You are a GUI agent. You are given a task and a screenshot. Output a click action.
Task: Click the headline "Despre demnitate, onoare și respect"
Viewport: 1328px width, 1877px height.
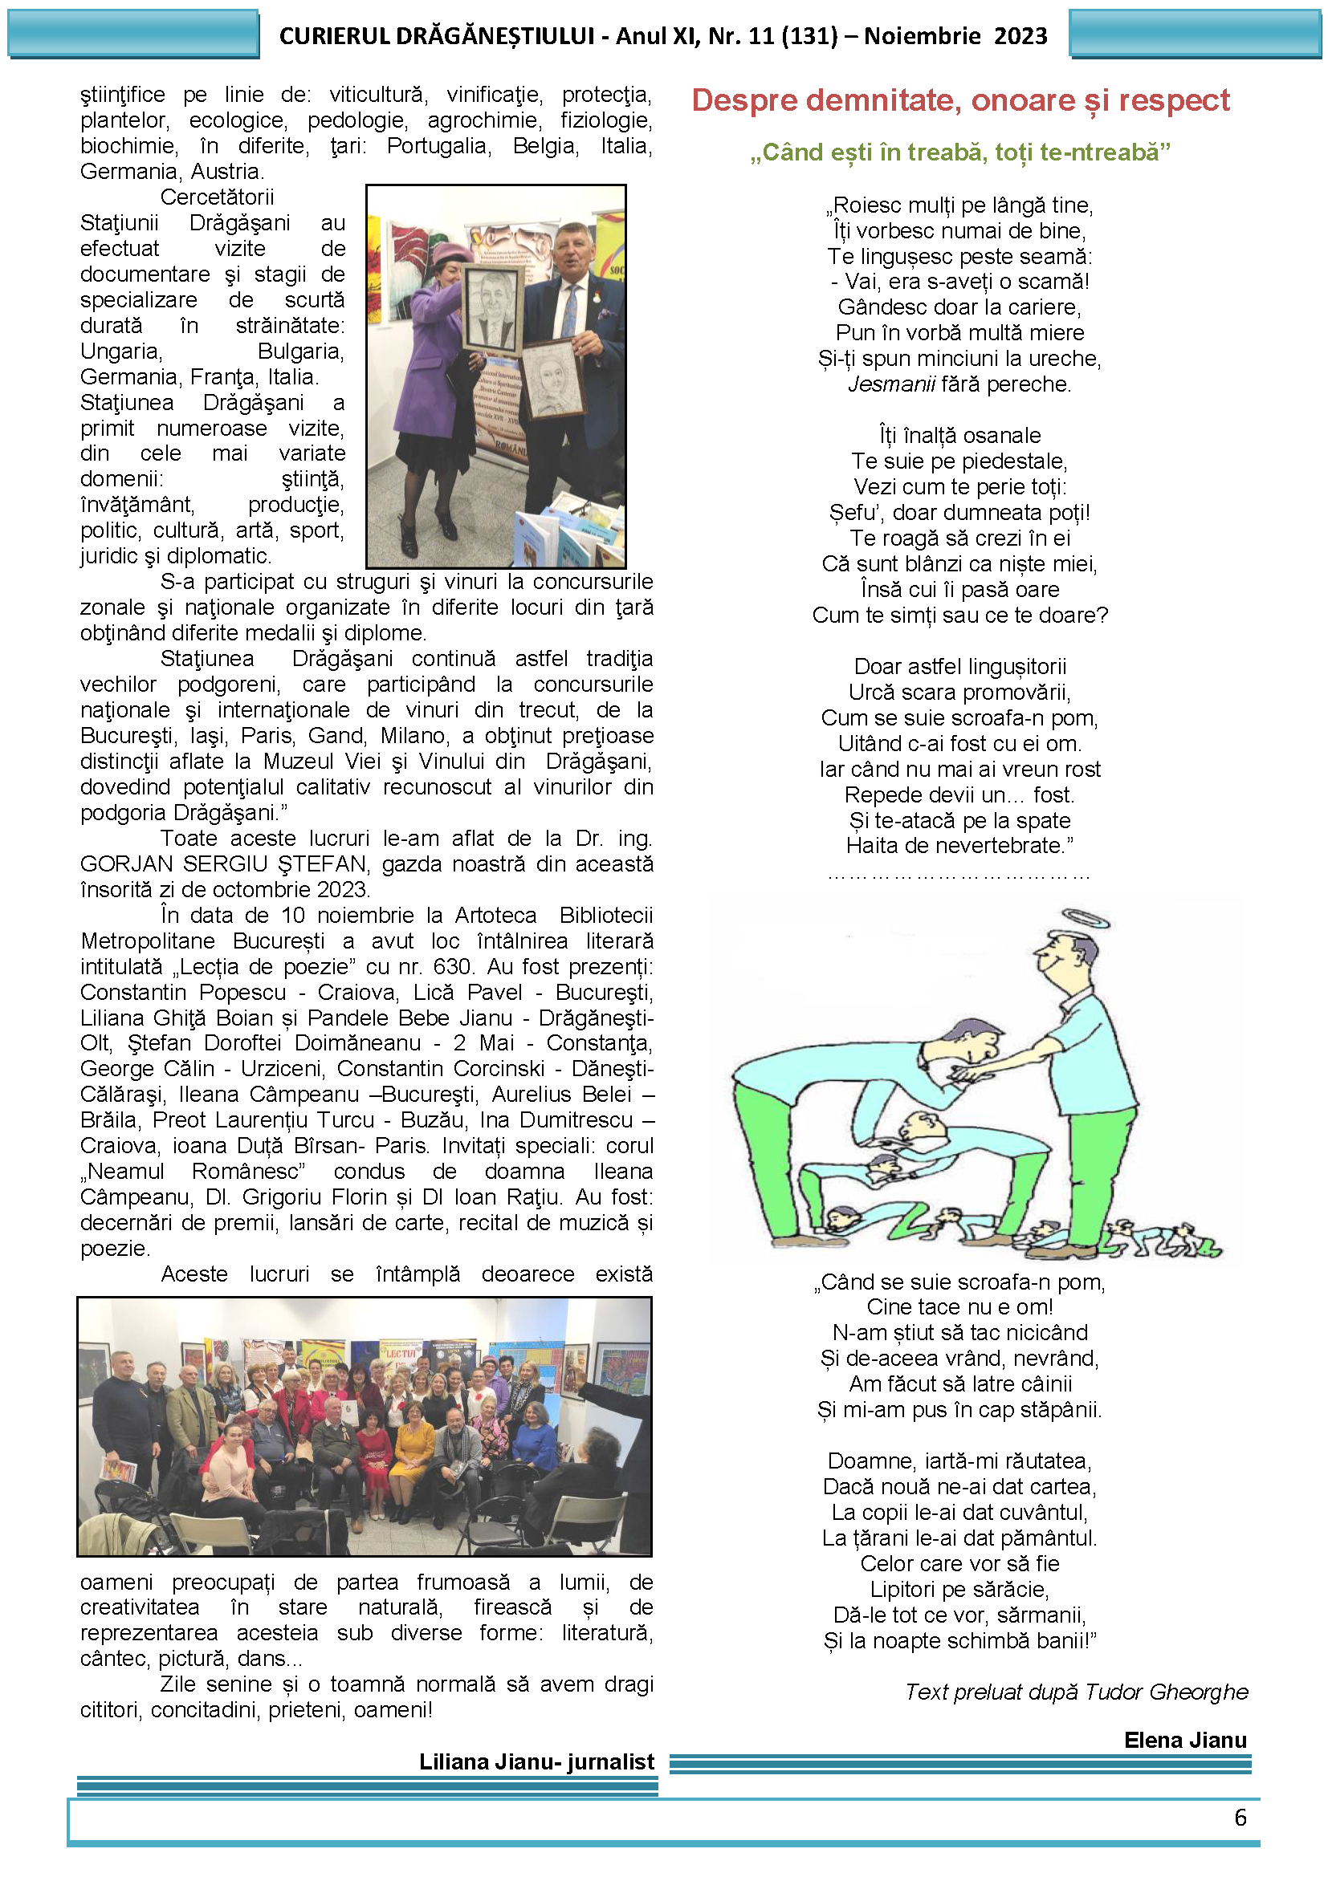pos(960,100)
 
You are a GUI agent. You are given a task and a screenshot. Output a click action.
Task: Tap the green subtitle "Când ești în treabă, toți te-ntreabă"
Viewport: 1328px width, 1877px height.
pos(960,153)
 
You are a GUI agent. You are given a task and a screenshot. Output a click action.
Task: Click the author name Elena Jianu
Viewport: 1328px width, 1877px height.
pos(1185,1740)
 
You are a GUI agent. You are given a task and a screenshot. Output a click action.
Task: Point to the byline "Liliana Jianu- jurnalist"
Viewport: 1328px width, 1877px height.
pos(536,1761)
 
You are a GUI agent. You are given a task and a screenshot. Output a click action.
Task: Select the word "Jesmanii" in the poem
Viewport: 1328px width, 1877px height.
pos(890,384)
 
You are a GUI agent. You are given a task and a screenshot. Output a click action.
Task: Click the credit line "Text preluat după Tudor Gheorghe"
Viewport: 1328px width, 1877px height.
pos(1076,1692)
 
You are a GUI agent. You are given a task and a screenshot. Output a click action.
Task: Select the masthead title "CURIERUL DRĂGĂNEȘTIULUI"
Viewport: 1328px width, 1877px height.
pos(437,36)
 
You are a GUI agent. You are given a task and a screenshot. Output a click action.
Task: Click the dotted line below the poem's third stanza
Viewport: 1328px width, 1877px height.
pos(959,874)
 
